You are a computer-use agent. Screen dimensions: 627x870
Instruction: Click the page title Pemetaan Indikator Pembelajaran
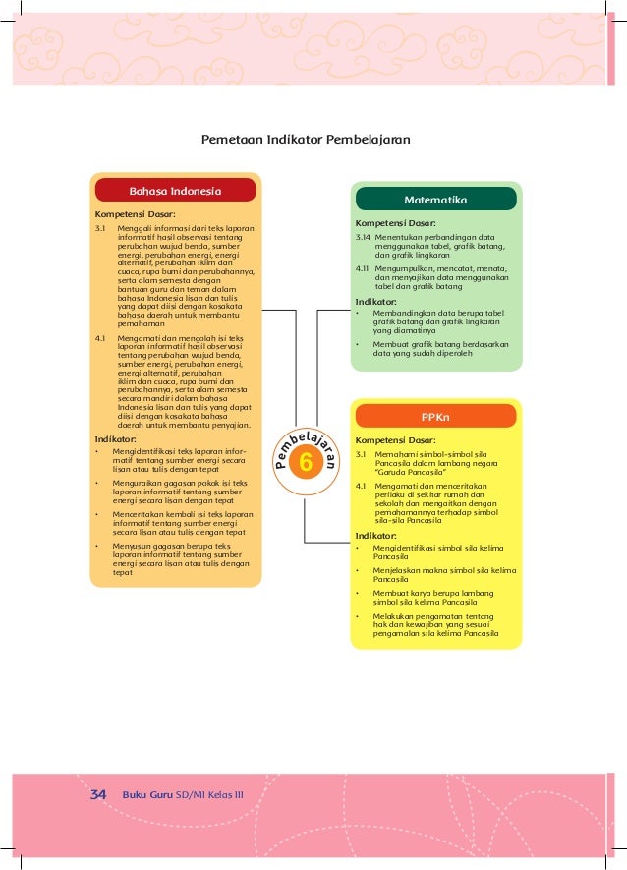(305, 139)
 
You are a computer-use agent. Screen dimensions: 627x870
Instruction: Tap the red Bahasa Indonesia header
(176, 190)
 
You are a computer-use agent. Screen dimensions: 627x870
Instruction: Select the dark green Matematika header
(435, 200)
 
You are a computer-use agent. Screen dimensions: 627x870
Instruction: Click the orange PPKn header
(435, 416)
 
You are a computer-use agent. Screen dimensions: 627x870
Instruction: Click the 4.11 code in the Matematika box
(363, 268)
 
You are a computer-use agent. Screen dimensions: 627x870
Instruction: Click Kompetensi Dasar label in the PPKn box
(395, 441)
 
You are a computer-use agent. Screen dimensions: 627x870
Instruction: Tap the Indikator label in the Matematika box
(376, 301)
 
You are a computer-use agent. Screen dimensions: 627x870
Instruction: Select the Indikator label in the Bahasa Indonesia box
(115, 439)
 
